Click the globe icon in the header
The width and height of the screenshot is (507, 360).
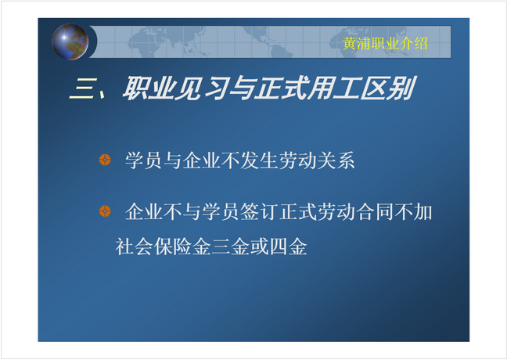pos(70,41)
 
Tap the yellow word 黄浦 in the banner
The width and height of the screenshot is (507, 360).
pos(357,43)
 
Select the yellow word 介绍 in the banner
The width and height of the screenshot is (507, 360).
pos(414,43)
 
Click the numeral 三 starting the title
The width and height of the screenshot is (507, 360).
pos(83,88)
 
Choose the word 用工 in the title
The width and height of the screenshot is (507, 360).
pos(333,88)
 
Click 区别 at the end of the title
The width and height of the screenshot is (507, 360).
pos(388,88)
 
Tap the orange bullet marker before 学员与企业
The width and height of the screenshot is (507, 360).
pos(105,160)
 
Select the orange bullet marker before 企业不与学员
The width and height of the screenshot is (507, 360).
pos(105,211)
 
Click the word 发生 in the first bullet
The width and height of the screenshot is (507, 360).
pos(259,160)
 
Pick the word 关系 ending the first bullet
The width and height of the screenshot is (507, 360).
pos(336,160)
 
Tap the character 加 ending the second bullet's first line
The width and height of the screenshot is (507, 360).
pos(422,212)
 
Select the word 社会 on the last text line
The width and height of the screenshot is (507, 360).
pos(135,247)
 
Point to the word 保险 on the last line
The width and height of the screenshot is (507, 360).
pos(173,247)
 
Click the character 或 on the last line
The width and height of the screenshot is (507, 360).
pos(259,247)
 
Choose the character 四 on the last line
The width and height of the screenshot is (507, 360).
pos(279,247)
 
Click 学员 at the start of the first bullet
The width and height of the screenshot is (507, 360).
pos(143,160)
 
